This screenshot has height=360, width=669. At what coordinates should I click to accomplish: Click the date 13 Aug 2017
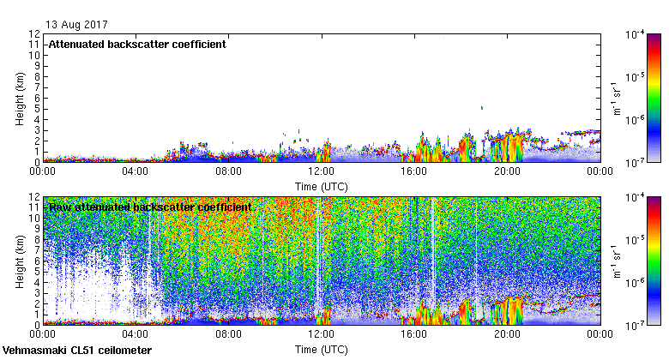coord(72,24)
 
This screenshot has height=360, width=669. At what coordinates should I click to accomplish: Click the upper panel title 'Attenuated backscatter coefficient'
coord(137,44)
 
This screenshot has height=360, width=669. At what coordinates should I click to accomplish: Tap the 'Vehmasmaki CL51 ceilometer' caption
coord(77,351)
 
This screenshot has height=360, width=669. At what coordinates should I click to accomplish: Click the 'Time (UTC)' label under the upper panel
coord(322,185)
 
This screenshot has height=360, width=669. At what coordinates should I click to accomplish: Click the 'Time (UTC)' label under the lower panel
coord(322,350)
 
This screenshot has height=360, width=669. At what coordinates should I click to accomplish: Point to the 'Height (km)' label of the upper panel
coord(19,97)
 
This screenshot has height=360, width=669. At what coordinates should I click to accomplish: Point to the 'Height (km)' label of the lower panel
coord(19,261)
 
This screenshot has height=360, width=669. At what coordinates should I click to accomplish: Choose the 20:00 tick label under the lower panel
coord(507,335)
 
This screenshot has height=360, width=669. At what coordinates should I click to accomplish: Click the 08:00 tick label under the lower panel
coord(228,335)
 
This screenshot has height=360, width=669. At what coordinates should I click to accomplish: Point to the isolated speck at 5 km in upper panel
coord(482,108)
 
